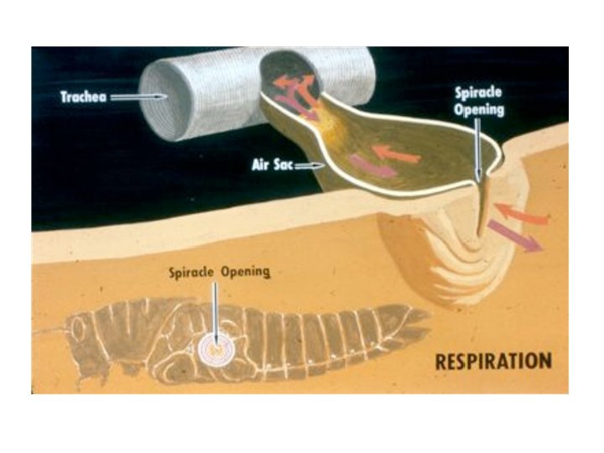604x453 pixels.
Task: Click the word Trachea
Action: [85, 96]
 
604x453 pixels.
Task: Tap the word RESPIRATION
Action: [493, 362]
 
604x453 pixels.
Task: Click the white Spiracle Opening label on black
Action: [478, 103]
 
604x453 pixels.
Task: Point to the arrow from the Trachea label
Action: [139, 97]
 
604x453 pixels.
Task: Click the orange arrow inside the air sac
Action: [395, 154]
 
